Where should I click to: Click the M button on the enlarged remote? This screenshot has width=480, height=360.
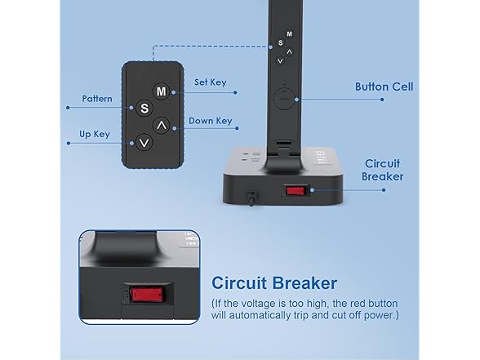coord(161,91)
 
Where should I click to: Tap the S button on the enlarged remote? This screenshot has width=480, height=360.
coord(144,108)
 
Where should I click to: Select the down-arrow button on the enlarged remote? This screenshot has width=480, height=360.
coord(144,142)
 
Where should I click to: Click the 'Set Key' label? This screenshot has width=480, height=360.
coord(211,82)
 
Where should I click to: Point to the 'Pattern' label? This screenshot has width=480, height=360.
coord(97,99)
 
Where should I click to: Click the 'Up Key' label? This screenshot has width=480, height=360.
coord(95,134)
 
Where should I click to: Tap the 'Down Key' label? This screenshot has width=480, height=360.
coord(211,121)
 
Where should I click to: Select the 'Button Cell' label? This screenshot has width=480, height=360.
coord(384,87)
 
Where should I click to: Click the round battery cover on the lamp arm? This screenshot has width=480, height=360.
coord(284,99)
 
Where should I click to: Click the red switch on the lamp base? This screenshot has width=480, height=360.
coord(296,191)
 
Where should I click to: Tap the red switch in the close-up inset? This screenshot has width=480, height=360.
coord(148,295)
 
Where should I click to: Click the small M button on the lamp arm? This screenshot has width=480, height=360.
coord(289,34)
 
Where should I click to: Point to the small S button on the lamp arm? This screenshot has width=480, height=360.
coord(281,42)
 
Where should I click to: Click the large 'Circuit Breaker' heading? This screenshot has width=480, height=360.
coord(274,282)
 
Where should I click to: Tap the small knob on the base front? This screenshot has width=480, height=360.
coord(251,198)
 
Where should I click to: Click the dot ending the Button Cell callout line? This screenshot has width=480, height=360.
coord(382,100)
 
